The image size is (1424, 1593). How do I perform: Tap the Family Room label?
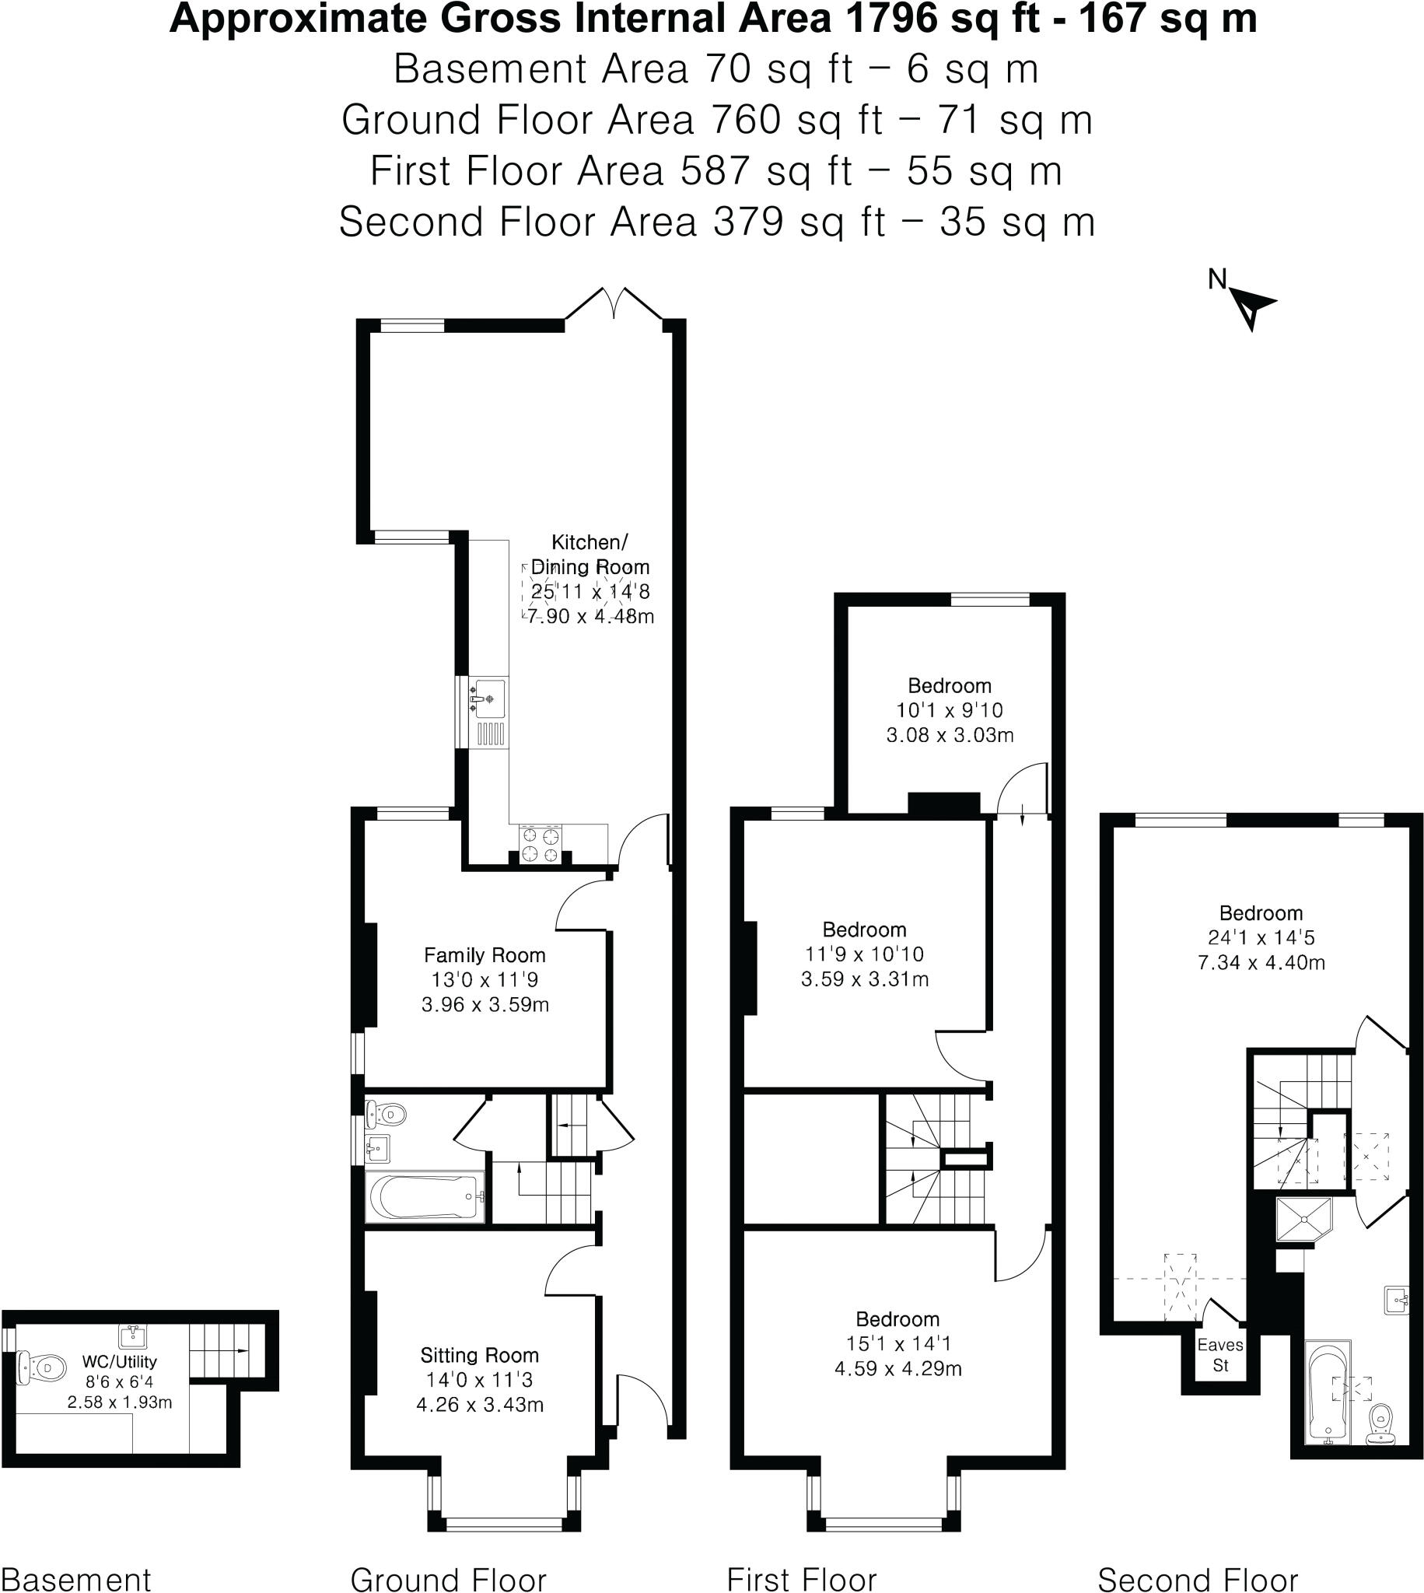click(x=485, y=954)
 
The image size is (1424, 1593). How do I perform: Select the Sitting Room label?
click(x=479, y=1355)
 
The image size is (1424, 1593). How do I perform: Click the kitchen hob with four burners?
click(x=541, y=844)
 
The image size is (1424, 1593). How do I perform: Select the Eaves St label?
click(x=1219, y=1354)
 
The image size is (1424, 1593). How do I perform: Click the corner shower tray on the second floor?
click(x=1302, y=1219)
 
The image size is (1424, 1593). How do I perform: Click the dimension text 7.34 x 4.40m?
click(x=1261, y=961)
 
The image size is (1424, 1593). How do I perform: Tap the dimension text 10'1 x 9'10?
click(x=949, y=709)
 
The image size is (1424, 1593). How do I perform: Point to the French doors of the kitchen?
click(x=615, y=304)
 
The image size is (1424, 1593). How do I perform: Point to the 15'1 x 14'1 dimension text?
click(x=897, y=1343)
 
